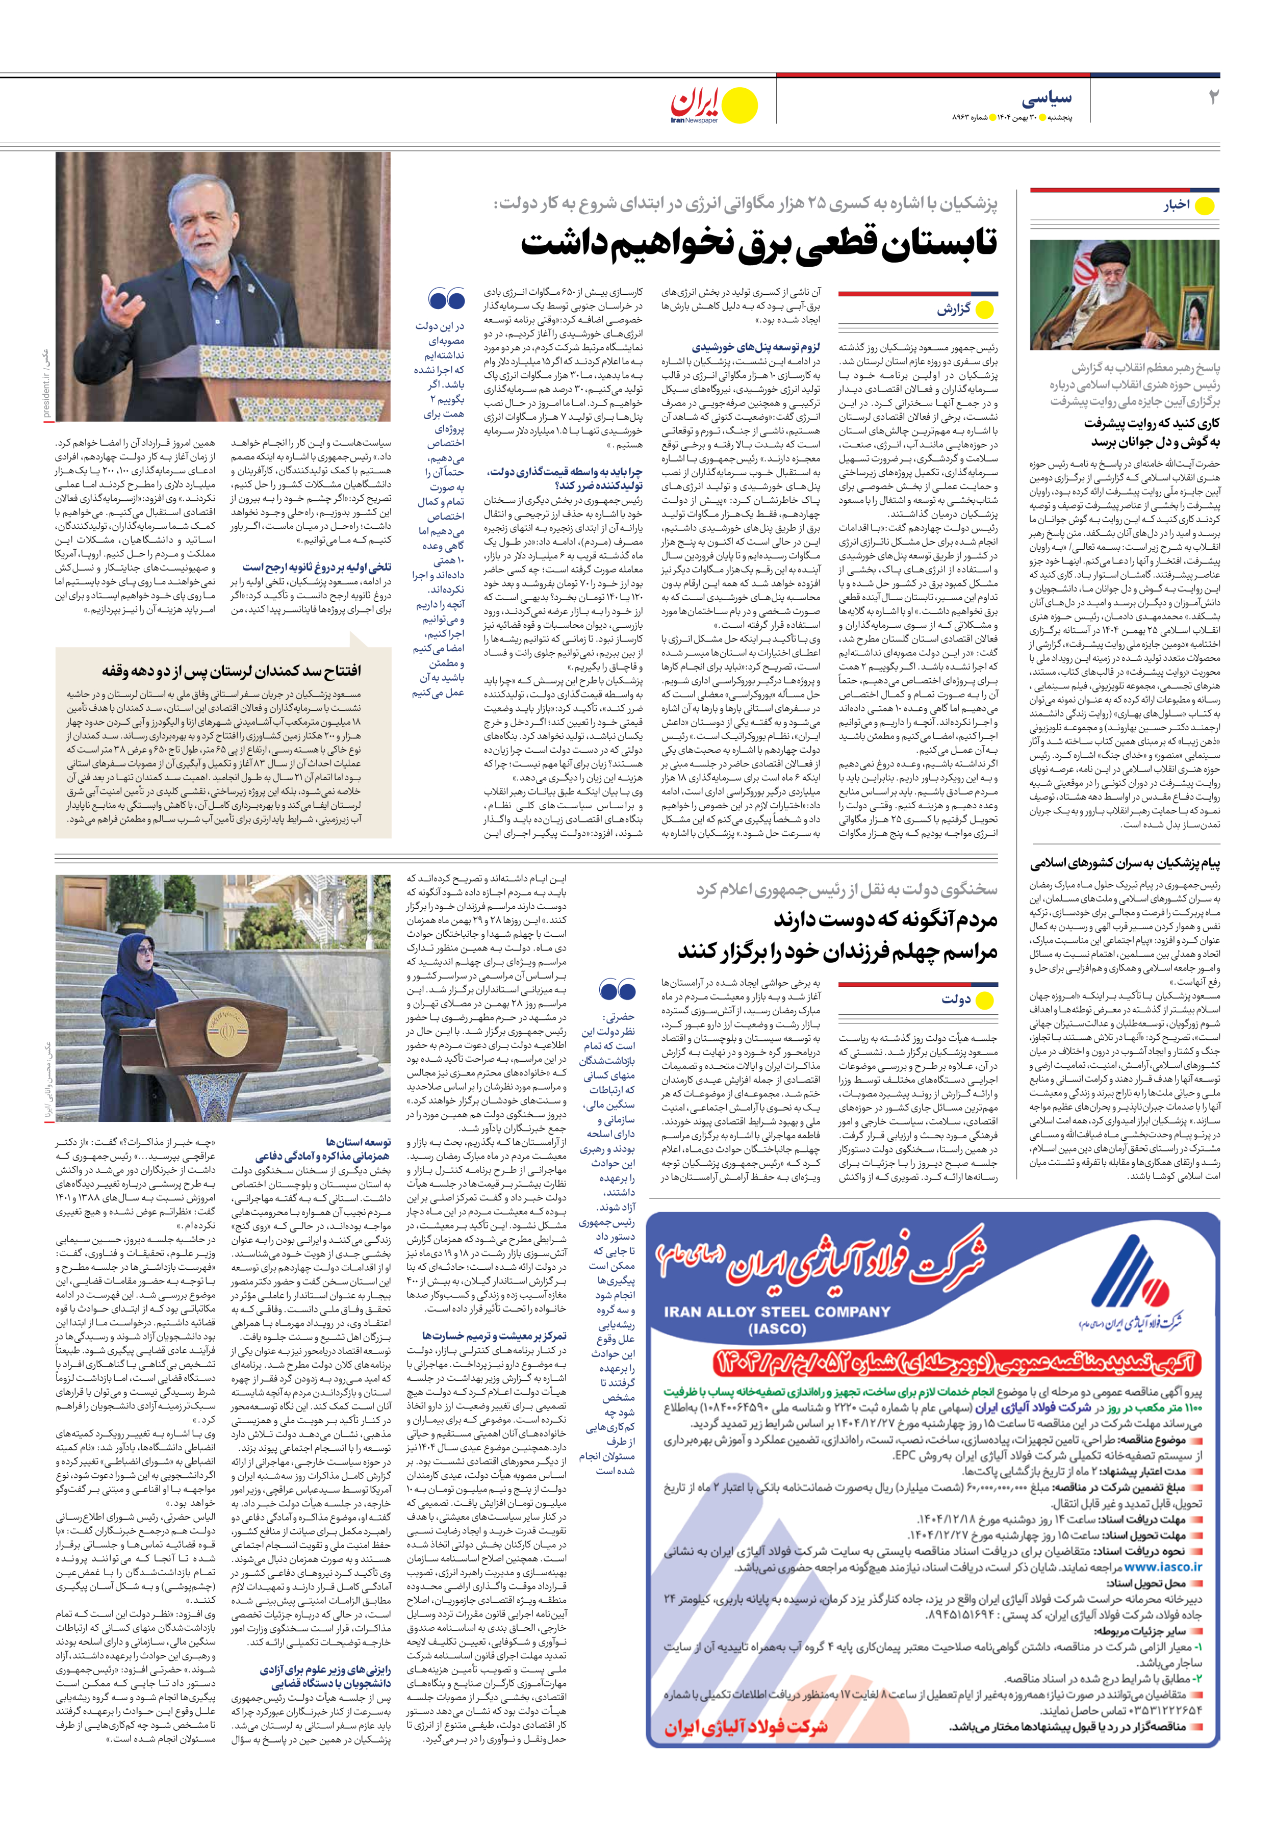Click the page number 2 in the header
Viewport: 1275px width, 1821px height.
point(1212,98)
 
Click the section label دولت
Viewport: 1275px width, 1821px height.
point(956,999)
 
